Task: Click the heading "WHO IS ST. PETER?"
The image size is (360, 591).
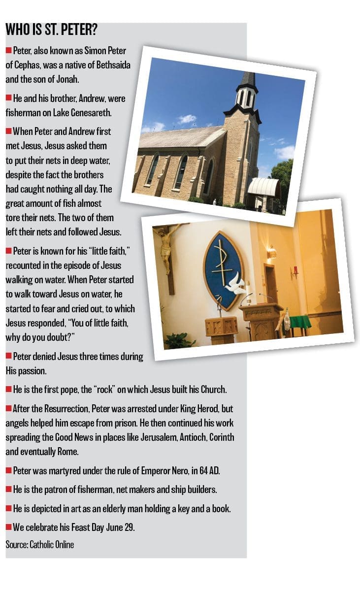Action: (x=51, y=30)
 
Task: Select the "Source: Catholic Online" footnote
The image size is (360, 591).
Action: (x=40, y=545)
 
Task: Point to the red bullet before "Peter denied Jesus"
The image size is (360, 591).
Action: (x=8, y=356)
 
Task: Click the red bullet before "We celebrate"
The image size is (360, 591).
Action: (x=8, y=527)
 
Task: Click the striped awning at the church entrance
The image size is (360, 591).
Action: (x=263, y=187)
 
